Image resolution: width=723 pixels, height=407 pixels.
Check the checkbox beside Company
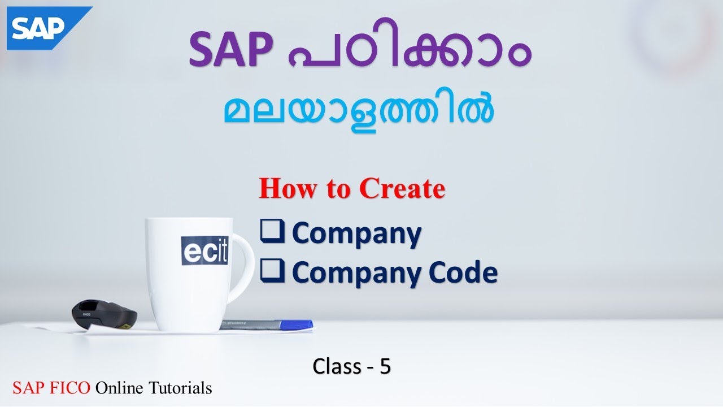pyautogui.click(x=272, y=233)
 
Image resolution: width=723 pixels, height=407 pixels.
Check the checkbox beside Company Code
pyautogui.click(x=272, y=272)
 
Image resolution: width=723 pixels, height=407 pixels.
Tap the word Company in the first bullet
pyautogui.click(x=356, y=234)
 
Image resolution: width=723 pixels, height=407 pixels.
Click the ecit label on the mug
pyautogui.click(x=204, y=250)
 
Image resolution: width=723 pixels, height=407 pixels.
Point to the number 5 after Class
pyautogui.click(x=385, y=367)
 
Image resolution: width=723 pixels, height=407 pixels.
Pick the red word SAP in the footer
pyautogui.click(x=28, y=388)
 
